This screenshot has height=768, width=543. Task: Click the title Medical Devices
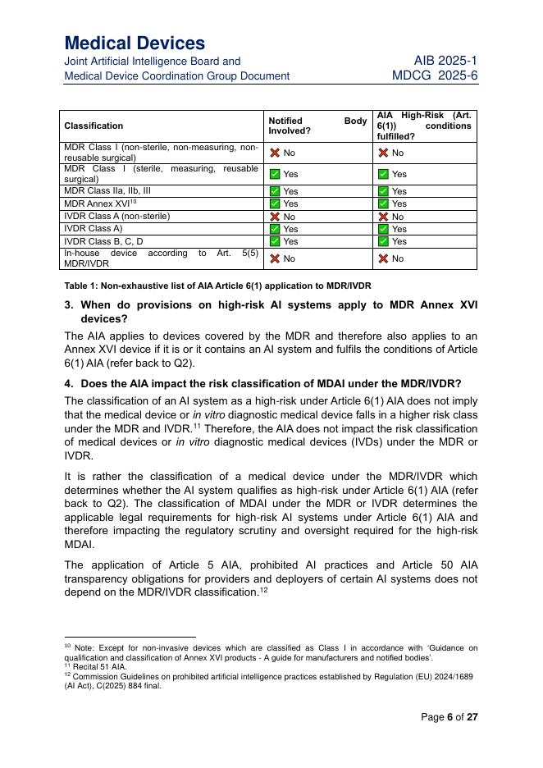pyautogui.click(x=135, y=43)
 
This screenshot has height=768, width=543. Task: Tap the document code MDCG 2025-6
pyautogui.click(x=435, y=75)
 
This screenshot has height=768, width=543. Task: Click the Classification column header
pyautogui.click(x=94, y=126)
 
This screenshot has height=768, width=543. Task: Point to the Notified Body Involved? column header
pyautogui.click(x=317, y=126)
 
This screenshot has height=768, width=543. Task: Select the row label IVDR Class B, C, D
pyautogui.click(x=103, y=241)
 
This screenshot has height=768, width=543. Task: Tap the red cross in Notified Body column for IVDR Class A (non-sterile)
pyautogui.click(x=275, y=217)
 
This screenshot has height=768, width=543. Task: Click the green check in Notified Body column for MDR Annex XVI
pyautogui.click(x=275, y=203)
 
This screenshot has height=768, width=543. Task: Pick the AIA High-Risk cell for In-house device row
pyautogui.click(x=393, y=258)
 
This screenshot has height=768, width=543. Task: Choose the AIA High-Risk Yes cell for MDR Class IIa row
pyautogui.click(x=393, y=191)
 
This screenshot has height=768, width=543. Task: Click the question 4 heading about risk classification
pyautogui.click(x=271, y=383)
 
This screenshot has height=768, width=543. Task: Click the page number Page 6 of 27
pyautogui.click(x=449, y=716)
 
